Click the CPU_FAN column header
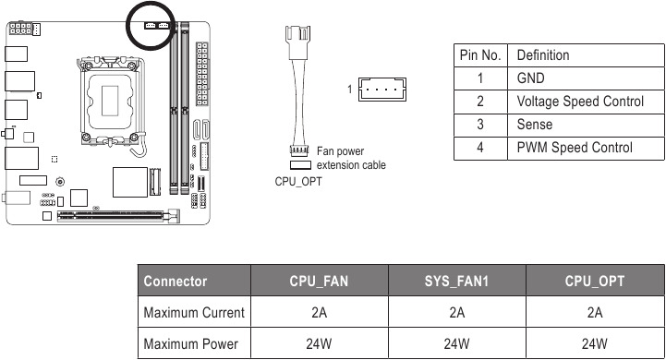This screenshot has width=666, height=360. tap(318, 282)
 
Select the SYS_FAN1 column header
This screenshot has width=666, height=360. tap(456, 282)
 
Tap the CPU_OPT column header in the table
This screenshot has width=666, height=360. tap(595, 282)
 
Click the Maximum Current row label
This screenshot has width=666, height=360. tap(194, 313)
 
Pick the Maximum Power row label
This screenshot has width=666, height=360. tap(191, 344)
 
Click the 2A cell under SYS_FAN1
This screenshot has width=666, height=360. tap(456, 313)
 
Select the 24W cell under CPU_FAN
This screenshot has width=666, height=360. tap(318, 344)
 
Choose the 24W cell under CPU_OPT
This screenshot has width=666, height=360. tap(595, 344)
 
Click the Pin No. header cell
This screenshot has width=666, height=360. tap(480, 55)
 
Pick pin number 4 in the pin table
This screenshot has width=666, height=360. tap(480, 148)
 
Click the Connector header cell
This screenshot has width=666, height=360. tap(176, 282)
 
